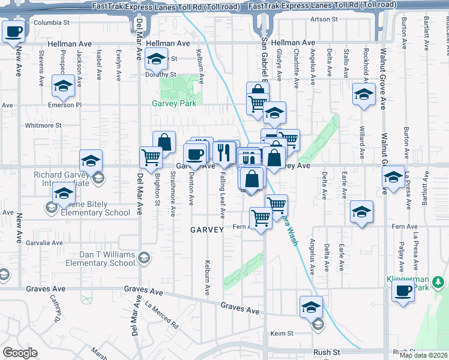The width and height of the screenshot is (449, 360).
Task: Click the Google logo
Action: tap(20, 353)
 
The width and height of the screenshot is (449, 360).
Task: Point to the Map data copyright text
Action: tap(424, 355)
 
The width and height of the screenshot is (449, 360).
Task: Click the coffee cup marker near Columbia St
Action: tap(14, 32)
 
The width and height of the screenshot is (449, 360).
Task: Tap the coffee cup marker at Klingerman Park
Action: tap(403, 291)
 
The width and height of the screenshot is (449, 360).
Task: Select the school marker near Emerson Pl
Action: tap(63, 86)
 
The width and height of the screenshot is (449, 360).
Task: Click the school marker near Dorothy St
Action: tap(156, 59)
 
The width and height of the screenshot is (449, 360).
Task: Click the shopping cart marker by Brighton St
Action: tap(151, 157)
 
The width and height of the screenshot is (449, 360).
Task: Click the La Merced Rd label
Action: tap(162, 317)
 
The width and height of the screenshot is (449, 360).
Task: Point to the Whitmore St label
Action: tap(43, 125)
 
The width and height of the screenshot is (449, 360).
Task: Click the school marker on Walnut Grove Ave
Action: tap(393, 177)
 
